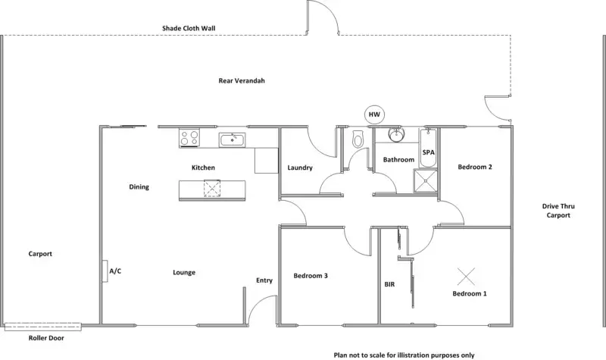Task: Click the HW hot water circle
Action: pyautogui.click(x=373, y=114)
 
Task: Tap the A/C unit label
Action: pyautogui.click(x=116, y=271)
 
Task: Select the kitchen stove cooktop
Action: pyautogui.click(x=189, y=138)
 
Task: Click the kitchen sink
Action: pyautogui.click(x=231, y=139)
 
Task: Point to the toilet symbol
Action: pyautogui.click(x=359, y=139)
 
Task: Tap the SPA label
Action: pyautogui.click(x=428, y=152)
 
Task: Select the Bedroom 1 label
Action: pyautogui.click(x=470, y=293)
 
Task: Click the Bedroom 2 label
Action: pyautogui.click(x=476, y=167)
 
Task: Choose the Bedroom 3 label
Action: pyautogui.click(x=311, y=276)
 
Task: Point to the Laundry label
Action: pyautogui.click(x=301, y=168)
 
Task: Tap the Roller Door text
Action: pyautogui.click(x=45, y=338)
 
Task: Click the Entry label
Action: pyautogui.click(x=264, y=280)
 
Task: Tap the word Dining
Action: pyautogui.click(x=139, y=187)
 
